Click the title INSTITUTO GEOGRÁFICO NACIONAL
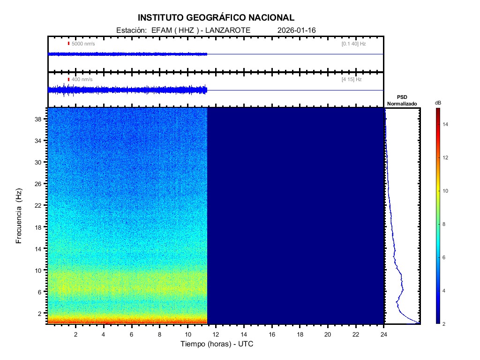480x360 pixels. [216, 18]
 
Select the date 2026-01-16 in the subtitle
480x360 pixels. [297, 30]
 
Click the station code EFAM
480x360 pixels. [160, 30]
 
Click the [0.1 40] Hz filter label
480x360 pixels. [353, 44]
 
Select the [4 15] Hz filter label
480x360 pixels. [352, 80]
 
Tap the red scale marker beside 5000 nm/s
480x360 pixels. [68, 44]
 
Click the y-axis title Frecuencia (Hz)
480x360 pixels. [19, 216]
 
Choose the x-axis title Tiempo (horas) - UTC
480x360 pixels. [217, 344]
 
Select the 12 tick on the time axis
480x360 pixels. [216, 334]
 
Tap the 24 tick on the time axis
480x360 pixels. [384, 334]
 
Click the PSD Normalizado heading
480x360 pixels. [402, 100]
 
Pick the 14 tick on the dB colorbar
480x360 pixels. [447, 124]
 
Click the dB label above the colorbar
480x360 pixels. [438, 102]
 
